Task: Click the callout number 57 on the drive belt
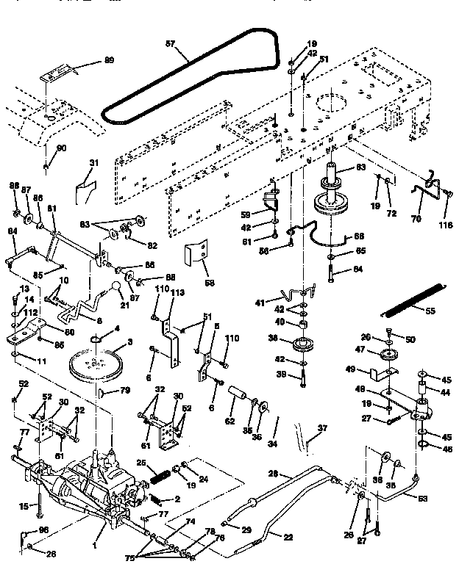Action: (170, 45)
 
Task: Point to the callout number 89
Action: (110, 59)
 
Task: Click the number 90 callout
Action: (61, 148)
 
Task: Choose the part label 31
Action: (93, 164)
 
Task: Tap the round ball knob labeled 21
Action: (115, 285)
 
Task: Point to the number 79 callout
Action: (125, 390)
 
